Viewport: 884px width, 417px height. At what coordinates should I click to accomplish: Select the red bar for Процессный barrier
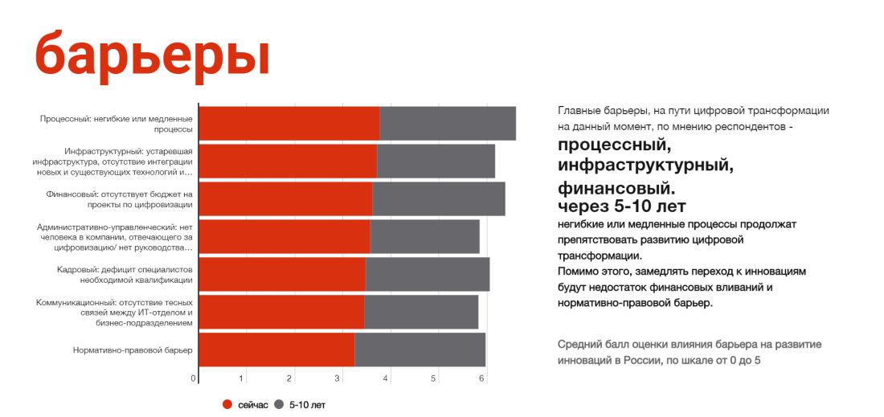(x=289, y=124)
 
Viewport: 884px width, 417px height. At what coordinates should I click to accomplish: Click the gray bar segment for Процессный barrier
(x=448, y=124)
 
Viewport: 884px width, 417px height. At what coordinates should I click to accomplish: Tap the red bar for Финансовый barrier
(x=285, y=199)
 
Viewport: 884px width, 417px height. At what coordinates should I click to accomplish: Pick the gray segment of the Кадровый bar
(x=428, y=274)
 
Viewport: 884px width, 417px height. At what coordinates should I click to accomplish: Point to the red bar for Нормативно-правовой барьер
(x=276, y=350)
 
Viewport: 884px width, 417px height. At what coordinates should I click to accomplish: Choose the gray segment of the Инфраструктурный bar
(x=436, y=161)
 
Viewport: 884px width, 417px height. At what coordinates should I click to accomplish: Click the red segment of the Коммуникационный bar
(x=281, y=312)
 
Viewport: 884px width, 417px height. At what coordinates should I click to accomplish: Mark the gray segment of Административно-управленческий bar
(x=424, y=236)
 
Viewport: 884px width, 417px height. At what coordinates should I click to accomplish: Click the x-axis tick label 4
(x=387, y=378)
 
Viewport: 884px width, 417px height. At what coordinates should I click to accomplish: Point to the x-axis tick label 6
(x=482, y=378)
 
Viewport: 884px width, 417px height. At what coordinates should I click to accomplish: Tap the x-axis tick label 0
(x=194, y=378)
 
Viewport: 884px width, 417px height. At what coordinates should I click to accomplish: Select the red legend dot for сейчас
(x=227, y=404)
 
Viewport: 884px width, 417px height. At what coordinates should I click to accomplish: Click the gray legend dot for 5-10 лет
(x=280, y=404)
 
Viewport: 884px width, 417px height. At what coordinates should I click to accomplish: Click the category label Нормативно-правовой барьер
(x=133, y=350)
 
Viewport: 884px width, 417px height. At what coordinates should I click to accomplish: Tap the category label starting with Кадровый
(x=125, y=274)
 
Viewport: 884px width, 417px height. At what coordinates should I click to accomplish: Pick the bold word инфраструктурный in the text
(x=645, y=166)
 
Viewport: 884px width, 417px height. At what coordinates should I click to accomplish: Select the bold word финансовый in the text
(x=616, y=188)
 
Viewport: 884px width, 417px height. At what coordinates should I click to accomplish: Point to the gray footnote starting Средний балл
(x=690, y=352)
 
